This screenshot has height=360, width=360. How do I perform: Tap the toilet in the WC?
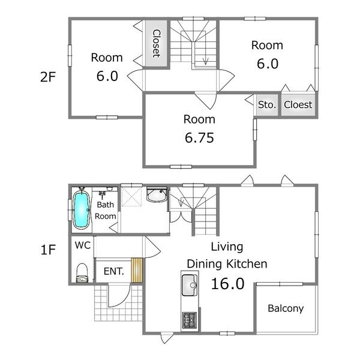pyautogui.click(x=82, y=272)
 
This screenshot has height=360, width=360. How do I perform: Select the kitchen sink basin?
pyautogui.click(x=190, y=285)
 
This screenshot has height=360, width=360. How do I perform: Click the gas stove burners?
pyautogui.click(x=190, y=320)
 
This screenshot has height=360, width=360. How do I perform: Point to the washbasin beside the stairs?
pyautogui.click(x=157, y=194)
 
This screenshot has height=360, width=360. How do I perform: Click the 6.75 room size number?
pyautogui.click(x=199, y=138)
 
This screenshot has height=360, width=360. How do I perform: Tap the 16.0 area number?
pyautogui.click(x=227, y=284)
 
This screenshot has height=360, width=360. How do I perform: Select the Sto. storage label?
pyautogui.click(x=267, y=104)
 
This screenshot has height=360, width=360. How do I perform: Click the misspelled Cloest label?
pyautogui.click(x=298, y=104)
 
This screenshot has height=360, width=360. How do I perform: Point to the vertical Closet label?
pyautogui.click(x=157, y=43)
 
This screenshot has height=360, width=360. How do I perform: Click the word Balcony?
pyautogui.click(x=286, y=308)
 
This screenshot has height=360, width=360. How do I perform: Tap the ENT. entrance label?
pyautogui.click(x=114, y=271)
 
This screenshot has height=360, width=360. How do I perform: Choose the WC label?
pyautogui.click(x=83, y=245)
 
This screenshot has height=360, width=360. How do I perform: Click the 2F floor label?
pyautogui.click(x=48, y=77)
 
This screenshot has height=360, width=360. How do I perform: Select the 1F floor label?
pyautogui.click(x=48, y=250)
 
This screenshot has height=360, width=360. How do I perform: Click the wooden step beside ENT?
pyautogui.click(x=137, y=270)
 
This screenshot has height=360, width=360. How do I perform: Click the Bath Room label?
pyautogui.click(x=106, y=211)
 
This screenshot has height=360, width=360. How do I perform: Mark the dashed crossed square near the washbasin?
pyautogui.click(x=131, y=197)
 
